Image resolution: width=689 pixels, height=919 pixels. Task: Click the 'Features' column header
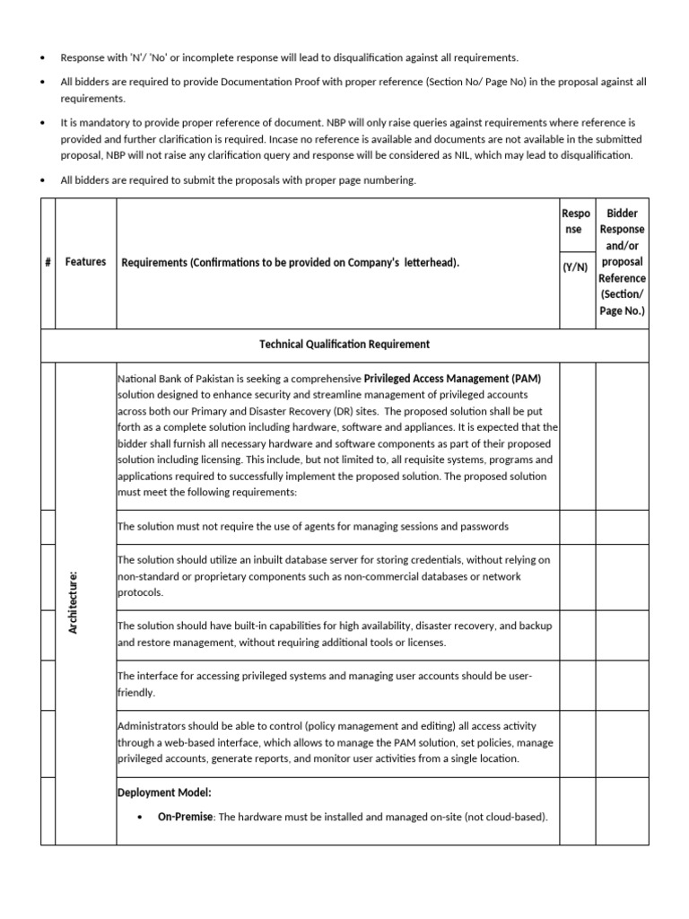(85, 262)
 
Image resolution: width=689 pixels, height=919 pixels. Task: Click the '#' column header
(47, 262)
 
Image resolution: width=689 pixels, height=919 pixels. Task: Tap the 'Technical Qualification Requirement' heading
(344, 345)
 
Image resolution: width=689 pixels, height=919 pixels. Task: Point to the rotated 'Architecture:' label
(74, 601)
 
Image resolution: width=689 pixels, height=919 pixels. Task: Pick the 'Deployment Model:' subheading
(164, 792)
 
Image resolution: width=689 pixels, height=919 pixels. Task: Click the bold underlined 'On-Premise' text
(185, 817)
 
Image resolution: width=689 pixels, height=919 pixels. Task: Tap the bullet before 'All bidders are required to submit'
(43, 180)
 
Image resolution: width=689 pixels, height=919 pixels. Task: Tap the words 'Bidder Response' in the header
(622, 222)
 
